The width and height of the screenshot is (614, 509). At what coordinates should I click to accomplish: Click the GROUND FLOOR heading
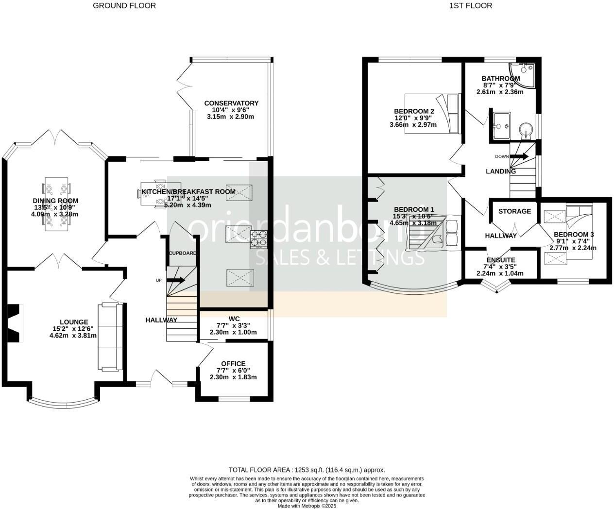(124, 6)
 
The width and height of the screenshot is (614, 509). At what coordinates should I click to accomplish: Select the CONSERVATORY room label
(231, 103)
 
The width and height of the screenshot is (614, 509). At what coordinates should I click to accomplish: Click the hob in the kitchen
(259, 239)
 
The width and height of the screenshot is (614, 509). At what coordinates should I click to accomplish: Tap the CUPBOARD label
(183, 253)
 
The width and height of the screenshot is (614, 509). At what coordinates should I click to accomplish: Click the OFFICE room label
(233, 364)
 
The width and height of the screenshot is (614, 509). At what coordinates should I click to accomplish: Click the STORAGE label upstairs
(514, 211)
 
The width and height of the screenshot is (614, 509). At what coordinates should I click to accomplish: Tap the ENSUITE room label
(501, 260)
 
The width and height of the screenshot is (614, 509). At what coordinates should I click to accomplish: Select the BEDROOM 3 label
(574, 235)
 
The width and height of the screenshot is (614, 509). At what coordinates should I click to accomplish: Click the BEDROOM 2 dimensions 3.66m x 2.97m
(413, 125)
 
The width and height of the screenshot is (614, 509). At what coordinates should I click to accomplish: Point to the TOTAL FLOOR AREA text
(307, 470)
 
